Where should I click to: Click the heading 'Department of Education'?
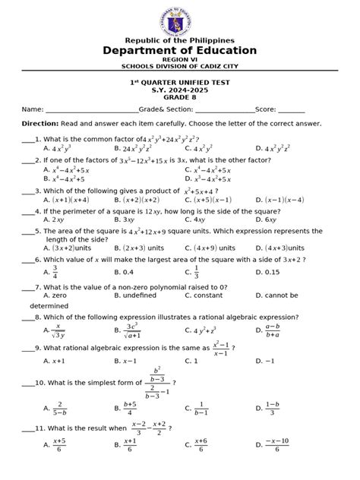(180, 50)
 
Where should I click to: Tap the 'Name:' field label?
(33, 109)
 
